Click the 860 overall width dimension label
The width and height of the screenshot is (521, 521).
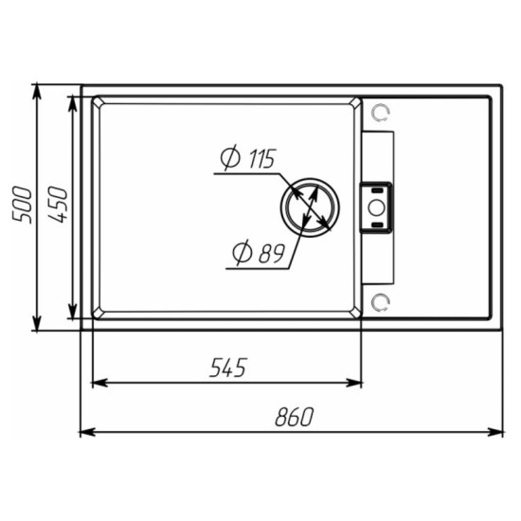pos(294,417)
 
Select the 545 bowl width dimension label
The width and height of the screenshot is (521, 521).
pos(228,368)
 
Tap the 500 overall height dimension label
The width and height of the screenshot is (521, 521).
pos(22,205)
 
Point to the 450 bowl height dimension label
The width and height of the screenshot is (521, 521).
pos(58,205)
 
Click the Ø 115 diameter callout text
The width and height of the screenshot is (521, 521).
pos(248,157)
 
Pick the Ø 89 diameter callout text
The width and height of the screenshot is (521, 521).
pos(259,253)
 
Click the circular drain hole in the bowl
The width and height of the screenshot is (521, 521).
pos(310,207)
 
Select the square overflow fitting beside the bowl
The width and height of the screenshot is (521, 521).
pos(376,207)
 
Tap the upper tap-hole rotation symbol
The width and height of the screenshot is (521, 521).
pos(381,113)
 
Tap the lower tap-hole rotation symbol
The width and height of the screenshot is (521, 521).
pos(381,303)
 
